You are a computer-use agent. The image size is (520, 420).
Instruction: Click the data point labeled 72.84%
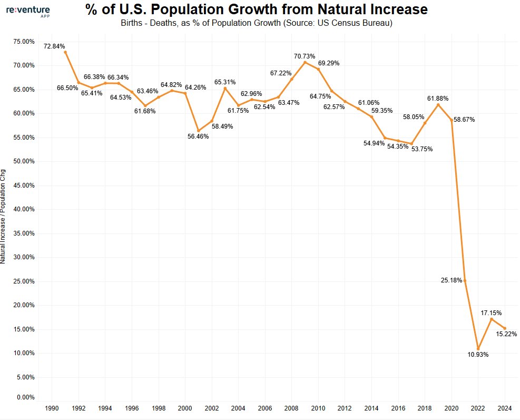[x=65, y=52]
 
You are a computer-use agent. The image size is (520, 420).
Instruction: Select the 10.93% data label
[x=478, y=355]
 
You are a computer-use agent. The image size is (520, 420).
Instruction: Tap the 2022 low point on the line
[x=478, y=348]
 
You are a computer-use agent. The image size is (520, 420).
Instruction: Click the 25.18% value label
[x=451, y=280]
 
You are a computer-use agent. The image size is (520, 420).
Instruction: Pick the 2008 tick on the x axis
[x=292, y=409]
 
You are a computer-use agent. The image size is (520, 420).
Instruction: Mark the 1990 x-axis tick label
[x=52, y=409]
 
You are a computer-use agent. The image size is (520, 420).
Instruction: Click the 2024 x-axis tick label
[x=505, y=409]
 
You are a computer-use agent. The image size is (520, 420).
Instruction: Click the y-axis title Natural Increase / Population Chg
[x=4, y=216]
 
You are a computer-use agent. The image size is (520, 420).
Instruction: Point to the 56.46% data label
[x=199, y=136]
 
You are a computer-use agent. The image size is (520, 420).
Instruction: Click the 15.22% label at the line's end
[x=506, y=334]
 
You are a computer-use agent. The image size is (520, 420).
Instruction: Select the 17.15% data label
[x=491, y=313]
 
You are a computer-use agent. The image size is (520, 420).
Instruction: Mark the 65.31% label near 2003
[x=225, y=82]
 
